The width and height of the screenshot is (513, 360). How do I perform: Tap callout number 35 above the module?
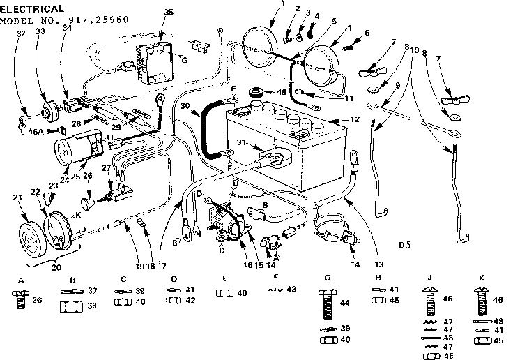coord(168,12)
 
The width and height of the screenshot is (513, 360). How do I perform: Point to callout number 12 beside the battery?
coord(355,120)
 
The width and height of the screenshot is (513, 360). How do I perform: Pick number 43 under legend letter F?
coord(291,290)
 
